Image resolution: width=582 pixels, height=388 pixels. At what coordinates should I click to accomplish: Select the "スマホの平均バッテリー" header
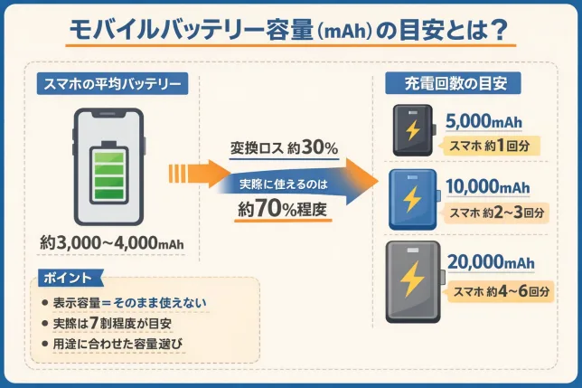(x=112, y=85)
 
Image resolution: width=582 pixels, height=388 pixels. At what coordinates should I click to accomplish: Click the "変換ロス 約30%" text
(x=283, y=147)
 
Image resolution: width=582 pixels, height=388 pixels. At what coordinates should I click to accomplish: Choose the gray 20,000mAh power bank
(x=412, y=281)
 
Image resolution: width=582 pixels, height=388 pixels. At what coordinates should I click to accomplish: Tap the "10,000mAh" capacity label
(x=489, y=187)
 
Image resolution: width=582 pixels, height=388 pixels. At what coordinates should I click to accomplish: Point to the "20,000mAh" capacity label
(x=489, y=262)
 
